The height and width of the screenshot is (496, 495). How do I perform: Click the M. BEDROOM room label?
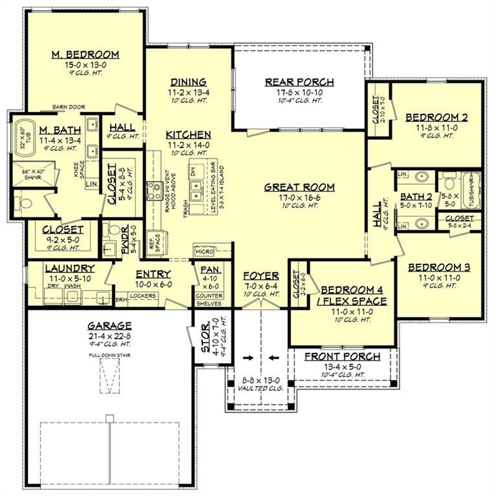tap(85, 55)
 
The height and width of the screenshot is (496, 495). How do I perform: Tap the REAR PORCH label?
tap(299, 82)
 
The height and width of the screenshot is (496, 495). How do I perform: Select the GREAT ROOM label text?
tap(299, 187)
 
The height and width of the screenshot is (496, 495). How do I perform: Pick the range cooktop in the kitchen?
tap(155, 191)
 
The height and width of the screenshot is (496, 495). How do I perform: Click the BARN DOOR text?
tap(68, 107)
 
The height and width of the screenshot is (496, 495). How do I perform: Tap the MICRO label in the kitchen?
tap(204, 252)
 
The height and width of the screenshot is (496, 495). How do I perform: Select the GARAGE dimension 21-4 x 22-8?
tap(109, 336)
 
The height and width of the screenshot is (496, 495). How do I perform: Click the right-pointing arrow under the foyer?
tap(248, 358)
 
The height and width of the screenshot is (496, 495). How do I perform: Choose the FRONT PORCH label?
tap(342, 356)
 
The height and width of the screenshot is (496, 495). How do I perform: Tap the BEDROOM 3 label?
tap(439, 267)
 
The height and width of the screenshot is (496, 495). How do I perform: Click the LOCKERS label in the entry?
tap(143, 296)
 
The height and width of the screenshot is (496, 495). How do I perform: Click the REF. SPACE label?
tap(152, 243)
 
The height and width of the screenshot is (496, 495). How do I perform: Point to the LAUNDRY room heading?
tap(70, 268)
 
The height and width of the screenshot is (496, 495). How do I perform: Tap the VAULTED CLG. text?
tap(261, 388)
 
